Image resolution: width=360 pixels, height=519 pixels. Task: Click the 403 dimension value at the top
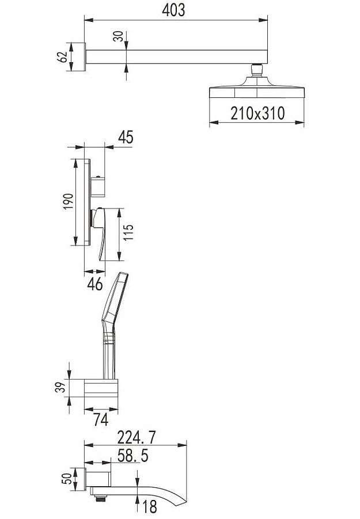click(173, 10)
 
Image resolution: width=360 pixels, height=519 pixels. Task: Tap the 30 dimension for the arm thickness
click(118, 36)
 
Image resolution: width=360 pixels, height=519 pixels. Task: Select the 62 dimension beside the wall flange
click(62, 57)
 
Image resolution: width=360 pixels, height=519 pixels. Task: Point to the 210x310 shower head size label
click(257, 113)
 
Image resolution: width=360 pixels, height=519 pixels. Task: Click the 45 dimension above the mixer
click(126, 137)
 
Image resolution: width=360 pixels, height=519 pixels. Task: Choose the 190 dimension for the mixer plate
click(68, 202)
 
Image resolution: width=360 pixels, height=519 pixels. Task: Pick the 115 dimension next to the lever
click(128, 232)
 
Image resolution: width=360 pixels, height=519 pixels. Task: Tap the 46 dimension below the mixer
click(95, 284)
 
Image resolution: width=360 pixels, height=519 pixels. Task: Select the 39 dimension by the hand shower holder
click(60, 387)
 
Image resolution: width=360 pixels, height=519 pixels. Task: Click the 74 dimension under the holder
click(101, 420)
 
